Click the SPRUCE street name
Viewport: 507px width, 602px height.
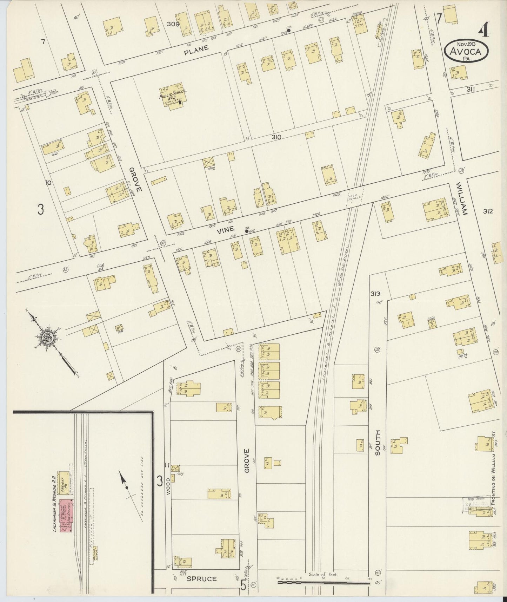[x=201, y=578]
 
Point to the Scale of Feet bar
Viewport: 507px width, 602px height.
[x=323, y=582]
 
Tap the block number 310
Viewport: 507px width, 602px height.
[x=276, y=137]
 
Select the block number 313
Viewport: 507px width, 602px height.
[x=375, y=294]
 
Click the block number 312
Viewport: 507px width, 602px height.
[x=488, y=211]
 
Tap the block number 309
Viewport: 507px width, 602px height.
[x=173, y=24]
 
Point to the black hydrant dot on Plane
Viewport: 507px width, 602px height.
[x=288, y=31]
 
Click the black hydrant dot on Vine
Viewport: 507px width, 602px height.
[x=246, y=231]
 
